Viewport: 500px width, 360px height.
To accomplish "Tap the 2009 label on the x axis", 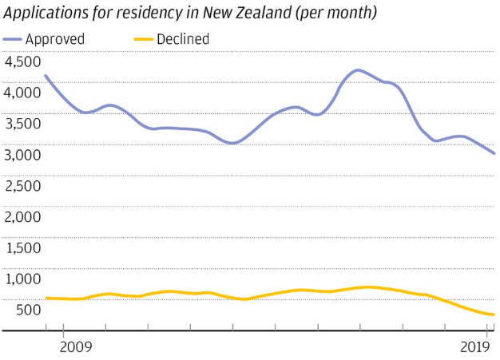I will point(76,346).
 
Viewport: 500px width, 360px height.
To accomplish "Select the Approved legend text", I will point(56,39).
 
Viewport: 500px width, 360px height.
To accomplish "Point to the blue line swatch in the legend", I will point(14,39).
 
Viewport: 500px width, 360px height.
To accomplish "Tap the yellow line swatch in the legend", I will point(142,39).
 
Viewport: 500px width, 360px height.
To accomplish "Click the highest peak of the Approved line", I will point(359,70).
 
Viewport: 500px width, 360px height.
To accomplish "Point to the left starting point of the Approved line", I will point(46,76).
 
